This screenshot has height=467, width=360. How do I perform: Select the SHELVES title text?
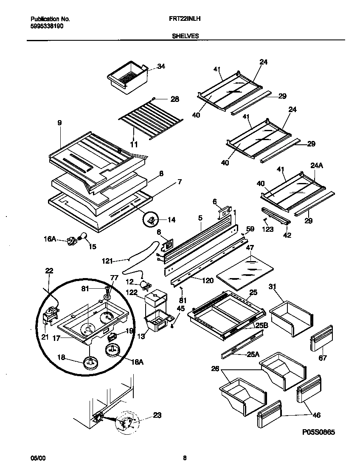point(185,36)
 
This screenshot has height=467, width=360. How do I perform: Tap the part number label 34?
point(161,66)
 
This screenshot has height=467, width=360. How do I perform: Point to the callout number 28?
point(174,99)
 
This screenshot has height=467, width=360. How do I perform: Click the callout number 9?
point(59,123)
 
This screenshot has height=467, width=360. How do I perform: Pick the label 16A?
point(50,239)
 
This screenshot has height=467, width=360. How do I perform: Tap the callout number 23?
point(157,415)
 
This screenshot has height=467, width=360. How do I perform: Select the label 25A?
point(253,354)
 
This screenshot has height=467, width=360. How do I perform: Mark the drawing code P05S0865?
point(318,432)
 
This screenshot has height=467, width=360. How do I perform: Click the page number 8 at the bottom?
point(185,458)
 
